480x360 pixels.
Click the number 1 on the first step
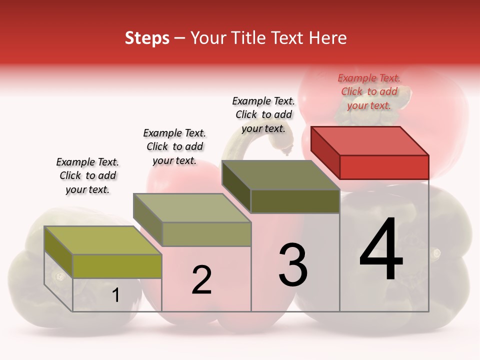[116, 295]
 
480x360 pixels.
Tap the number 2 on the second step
[201, 280]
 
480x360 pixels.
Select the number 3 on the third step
[292, 265]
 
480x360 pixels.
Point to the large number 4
[381, 250]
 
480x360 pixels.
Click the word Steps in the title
[147, 38]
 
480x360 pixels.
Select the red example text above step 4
[369, 91]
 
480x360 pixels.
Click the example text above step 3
[263, 114]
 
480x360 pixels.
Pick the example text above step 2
[174, 146]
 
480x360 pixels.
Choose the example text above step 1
[87, 175]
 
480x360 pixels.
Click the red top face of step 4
[369, 140]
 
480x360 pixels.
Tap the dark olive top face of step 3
[280, 175]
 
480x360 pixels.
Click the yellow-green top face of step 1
[102, 240]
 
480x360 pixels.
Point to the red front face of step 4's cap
[384, 167]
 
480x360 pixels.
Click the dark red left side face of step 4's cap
[325, 152]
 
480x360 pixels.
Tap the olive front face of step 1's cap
[117, 266]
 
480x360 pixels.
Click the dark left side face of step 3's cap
[236, 186]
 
